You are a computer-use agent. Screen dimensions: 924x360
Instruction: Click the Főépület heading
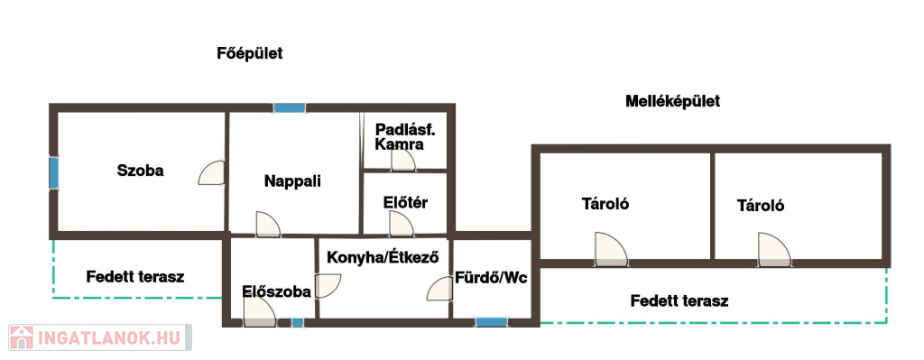250,53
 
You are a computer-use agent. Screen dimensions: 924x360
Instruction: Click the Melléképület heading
672,101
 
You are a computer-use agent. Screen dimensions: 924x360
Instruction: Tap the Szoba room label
140,171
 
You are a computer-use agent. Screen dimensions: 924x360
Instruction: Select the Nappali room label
292,180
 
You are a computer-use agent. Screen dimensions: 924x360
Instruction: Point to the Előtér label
405,203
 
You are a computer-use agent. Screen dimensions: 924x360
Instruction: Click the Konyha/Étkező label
383,257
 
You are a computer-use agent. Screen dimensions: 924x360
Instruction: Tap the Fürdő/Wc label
490,278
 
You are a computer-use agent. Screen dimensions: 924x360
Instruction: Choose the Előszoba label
276,291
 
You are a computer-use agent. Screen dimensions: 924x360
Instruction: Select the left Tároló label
605,204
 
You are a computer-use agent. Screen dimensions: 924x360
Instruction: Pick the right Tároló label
761,206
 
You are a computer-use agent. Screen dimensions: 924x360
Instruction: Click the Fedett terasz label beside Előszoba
135,276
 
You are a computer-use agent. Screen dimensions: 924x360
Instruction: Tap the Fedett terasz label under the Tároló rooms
679,301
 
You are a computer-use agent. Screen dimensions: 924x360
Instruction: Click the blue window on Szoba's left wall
53,172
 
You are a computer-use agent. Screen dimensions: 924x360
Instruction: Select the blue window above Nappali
290,108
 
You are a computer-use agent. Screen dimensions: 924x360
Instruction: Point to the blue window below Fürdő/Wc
492,322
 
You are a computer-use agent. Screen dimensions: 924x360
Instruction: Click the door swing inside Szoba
212,172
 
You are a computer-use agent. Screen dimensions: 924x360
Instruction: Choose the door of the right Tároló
774,250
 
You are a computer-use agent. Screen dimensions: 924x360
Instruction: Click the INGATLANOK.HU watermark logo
99,337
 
